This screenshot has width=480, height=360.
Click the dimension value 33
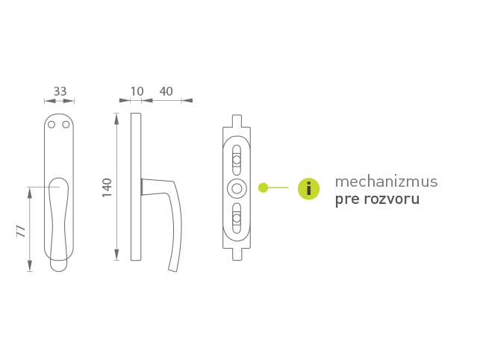(60, 91)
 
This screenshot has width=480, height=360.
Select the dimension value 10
(137, 91)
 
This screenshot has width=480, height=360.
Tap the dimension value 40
(166, 91)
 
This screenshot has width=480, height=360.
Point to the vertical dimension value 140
(107, 187)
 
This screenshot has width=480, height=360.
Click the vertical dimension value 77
(21, 231)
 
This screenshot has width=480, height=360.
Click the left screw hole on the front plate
(52, 125)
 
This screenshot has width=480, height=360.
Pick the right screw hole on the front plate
(66, 125)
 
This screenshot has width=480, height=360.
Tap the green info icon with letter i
(308, 189)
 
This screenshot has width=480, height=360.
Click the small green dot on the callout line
(263, 187)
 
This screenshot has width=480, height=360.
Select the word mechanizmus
(387, 181)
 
